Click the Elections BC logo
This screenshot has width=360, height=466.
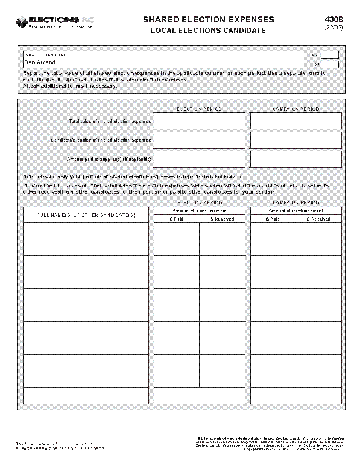55,22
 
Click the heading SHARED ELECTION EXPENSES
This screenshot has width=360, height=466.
208,20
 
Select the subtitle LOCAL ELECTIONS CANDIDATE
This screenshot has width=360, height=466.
208,31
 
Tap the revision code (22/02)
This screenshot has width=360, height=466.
333,28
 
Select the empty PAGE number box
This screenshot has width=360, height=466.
329,55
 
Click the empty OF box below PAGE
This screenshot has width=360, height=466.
329,64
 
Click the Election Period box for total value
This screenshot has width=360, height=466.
199,121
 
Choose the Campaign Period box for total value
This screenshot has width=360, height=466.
295,121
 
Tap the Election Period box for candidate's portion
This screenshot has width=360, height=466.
199,140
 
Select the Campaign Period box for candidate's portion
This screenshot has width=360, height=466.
295,140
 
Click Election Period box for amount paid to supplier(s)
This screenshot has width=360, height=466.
199,159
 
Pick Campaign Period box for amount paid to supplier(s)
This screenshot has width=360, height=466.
295,159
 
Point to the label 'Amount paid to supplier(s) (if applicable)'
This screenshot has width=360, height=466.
109,159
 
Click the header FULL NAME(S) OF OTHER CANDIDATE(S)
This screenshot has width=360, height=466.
86,215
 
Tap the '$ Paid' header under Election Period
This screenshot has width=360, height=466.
176,219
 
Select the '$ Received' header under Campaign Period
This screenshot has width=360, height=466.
318,219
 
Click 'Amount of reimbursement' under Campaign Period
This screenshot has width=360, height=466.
295,211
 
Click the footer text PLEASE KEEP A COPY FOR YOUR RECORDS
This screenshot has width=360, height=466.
60,448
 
